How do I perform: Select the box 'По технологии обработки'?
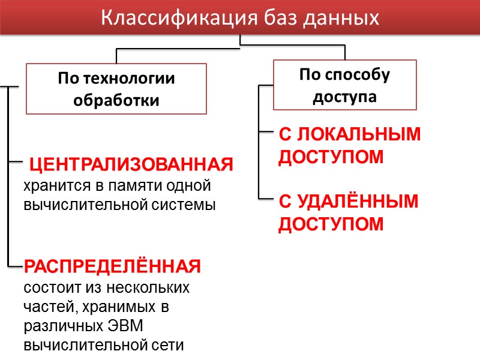pyautogui.click(x=116, y=89)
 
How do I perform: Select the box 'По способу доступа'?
pyautogui.click(x=344, y=85)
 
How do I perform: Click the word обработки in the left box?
pyautogui.click(x=116, y=100)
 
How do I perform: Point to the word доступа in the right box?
pyautogui.click(x=344, y=97)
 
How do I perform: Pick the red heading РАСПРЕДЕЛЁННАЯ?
pyautogui.click(x=112, y=266)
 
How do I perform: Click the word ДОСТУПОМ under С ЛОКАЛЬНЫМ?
pyautogui.click(x=331, y=157)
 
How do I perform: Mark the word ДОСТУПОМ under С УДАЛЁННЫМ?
pyautogui.click(x=331, y=224)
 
